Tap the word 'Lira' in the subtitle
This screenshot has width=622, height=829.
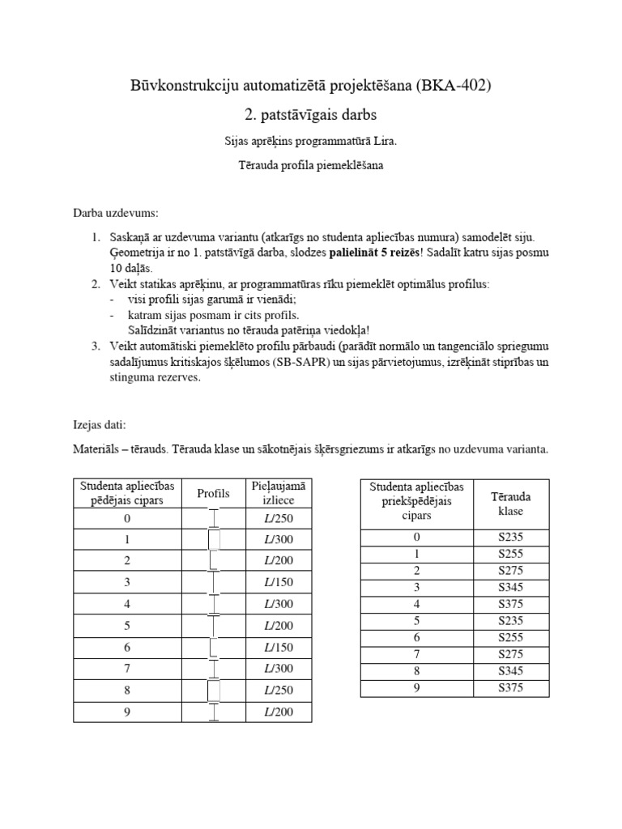click(x=384, y=141)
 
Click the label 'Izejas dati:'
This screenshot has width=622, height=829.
click(x=100, y=424)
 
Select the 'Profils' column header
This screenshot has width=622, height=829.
click(x=214, y=493)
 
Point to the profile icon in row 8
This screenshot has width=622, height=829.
click(x=214, y=689)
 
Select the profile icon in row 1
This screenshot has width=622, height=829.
click(x=214, y=540)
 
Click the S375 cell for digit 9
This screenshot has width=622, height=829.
click(x=511, y=688)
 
